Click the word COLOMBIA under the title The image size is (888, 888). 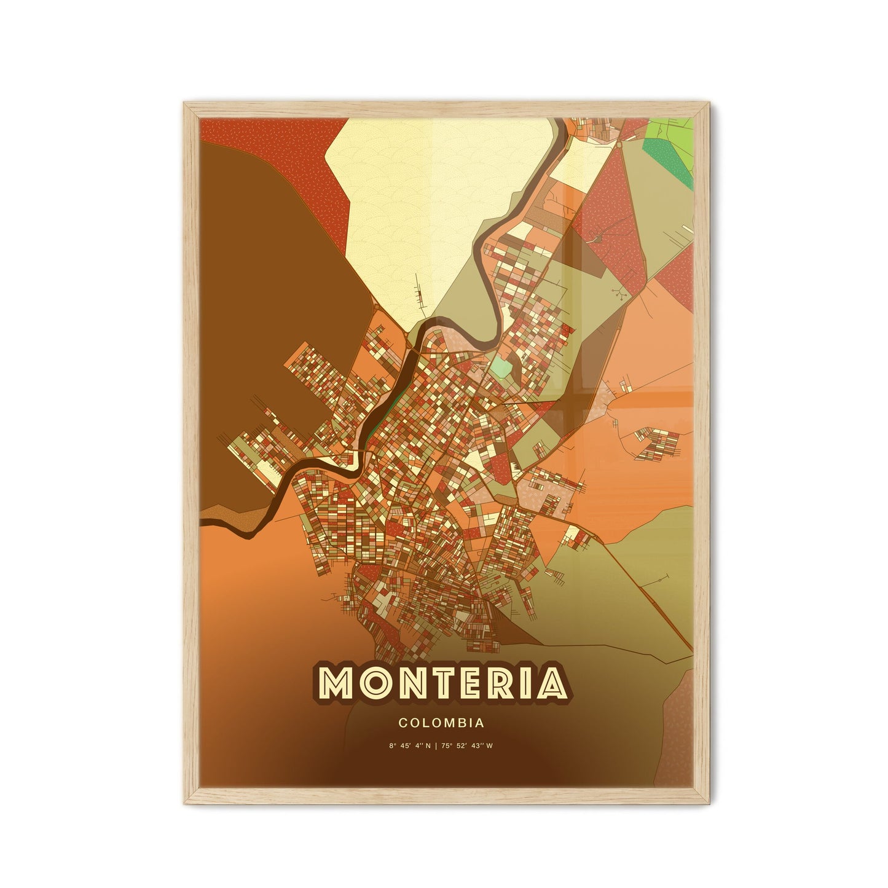(441, 723)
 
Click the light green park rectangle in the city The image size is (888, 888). (501, 369)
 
